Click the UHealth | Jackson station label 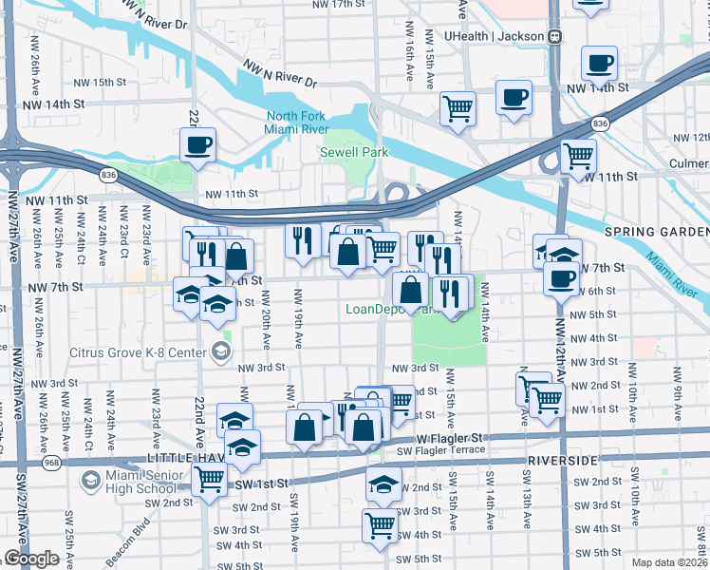[494, 36]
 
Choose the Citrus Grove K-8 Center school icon [221, 351]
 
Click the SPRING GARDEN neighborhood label [656, 233]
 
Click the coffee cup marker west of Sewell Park [198, 145]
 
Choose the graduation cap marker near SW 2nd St [383, 484]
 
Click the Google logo [31, 559]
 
